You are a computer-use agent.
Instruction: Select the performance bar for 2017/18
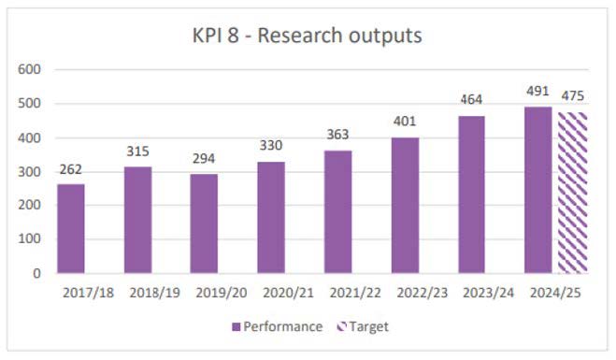(71, 228)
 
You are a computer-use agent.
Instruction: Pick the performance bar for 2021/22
(337, 211)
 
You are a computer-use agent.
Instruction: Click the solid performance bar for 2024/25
(538, 190)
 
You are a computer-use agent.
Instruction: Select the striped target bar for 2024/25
(571, 193)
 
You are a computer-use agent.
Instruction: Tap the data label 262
(71, 170)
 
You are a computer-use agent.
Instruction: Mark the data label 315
(137, 151)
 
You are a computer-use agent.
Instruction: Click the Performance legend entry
(278, 326)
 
